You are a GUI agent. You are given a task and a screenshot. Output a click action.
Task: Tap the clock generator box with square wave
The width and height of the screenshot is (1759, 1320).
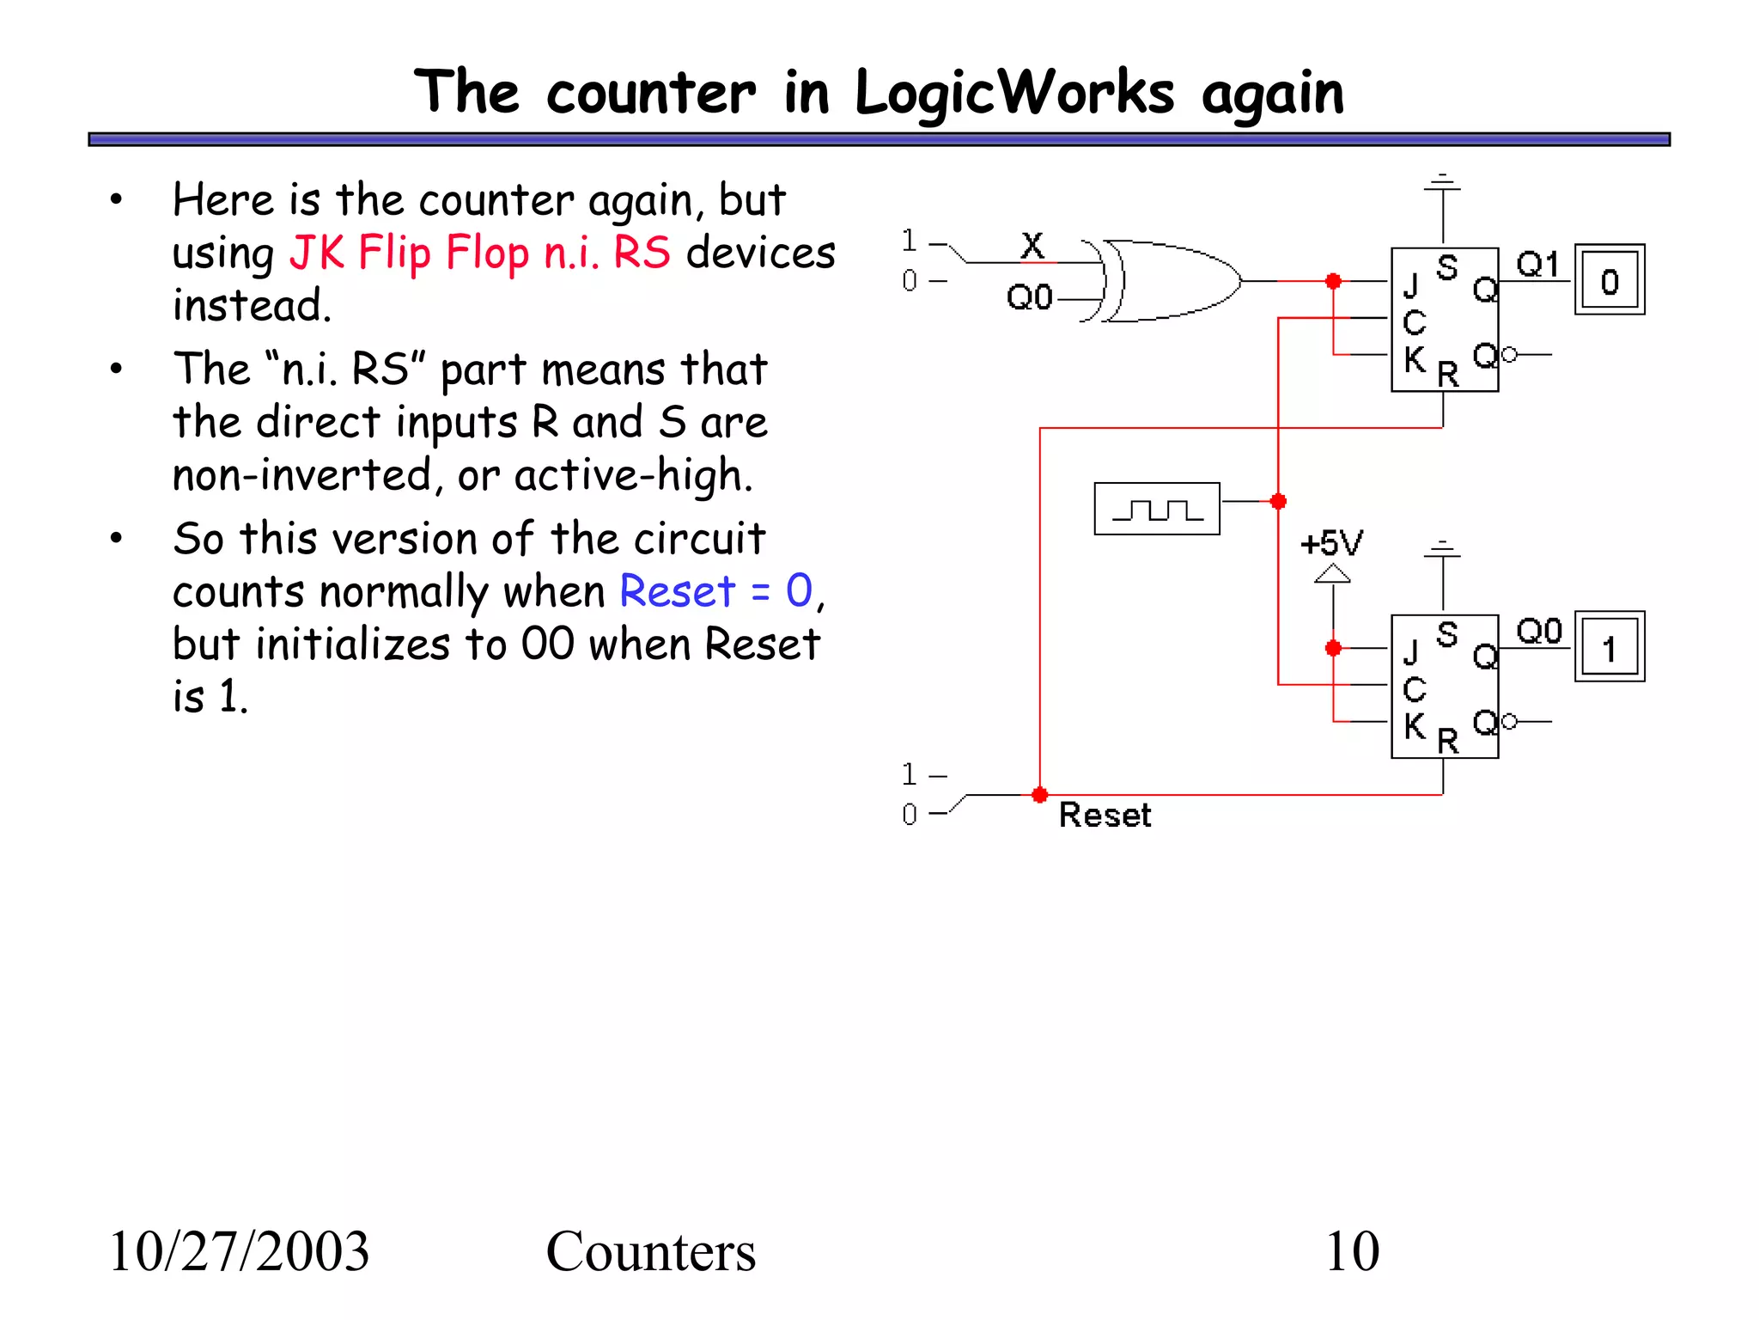1156,509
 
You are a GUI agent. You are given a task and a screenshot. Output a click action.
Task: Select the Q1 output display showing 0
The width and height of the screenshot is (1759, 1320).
1609,280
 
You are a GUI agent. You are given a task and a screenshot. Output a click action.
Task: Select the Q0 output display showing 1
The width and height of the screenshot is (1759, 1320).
1609,647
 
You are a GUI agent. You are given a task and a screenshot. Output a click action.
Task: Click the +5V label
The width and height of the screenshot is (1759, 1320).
1330,544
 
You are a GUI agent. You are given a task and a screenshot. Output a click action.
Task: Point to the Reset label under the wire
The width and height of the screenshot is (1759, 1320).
1105,815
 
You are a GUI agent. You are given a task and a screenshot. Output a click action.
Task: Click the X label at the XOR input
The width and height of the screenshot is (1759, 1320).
1032,246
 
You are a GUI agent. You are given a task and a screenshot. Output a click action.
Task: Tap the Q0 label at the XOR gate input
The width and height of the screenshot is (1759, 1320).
1029,297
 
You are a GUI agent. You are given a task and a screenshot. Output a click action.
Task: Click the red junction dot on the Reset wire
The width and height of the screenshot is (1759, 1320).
1039,795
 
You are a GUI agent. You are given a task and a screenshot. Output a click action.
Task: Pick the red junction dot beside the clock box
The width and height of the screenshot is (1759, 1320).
1278,501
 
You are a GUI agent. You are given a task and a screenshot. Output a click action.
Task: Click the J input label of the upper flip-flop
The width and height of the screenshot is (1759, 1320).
1410,284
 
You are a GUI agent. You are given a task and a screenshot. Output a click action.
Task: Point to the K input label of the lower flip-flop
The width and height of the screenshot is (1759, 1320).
1414,726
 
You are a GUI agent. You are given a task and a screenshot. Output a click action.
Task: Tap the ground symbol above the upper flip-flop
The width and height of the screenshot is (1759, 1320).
1443,182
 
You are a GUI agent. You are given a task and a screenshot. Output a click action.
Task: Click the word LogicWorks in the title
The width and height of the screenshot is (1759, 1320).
1013,93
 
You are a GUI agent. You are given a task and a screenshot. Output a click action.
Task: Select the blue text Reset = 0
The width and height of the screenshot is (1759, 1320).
715,591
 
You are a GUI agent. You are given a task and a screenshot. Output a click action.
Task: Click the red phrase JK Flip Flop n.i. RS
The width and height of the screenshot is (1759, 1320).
479,253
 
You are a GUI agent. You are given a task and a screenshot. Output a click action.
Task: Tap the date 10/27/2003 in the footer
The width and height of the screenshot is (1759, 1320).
239,1251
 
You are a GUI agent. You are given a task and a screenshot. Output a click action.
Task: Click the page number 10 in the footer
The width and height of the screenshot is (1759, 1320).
1352,1251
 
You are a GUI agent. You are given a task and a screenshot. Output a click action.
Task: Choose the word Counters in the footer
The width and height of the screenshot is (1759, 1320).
650,1251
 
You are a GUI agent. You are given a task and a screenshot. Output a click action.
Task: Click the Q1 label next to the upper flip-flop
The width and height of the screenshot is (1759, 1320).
1537,264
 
